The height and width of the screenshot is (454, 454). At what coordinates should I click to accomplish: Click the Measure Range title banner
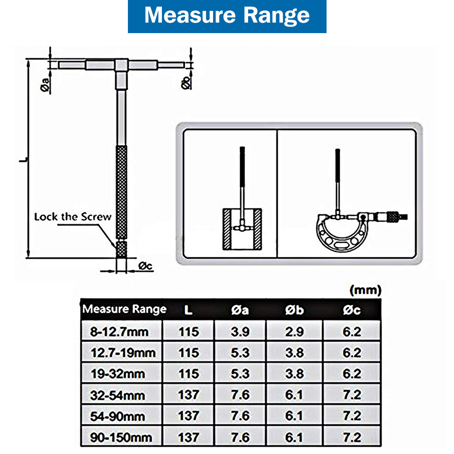pos(227,16)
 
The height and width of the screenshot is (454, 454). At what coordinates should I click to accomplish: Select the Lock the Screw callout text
pos(73,216)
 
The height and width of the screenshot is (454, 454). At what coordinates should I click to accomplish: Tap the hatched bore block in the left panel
pos(242,229)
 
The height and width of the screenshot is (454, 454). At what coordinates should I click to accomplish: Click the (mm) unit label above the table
pos(366,289)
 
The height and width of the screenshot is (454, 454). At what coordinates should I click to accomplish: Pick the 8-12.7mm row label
pos(120,332)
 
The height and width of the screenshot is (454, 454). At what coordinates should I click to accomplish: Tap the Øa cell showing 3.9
pos(240,332)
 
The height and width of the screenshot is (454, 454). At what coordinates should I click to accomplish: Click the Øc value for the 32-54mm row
pos(351,395)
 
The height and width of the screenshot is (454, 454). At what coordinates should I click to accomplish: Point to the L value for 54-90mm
pos(188,416)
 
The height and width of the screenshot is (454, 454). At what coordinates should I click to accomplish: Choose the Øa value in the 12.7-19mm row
pos(240,352)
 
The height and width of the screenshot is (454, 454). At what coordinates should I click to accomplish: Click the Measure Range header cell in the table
pos(124,310)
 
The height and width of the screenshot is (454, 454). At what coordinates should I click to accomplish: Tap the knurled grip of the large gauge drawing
pos(122,193)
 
